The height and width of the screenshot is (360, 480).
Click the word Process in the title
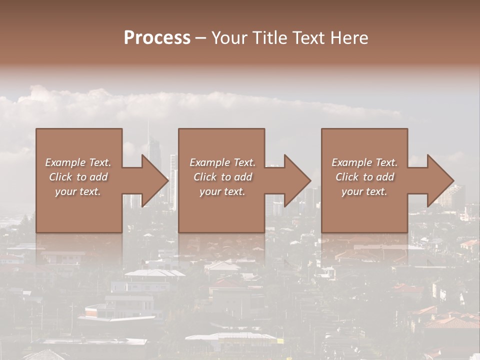pyautogui.click(x=157, y=38)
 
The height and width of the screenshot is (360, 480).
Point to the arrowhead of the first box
pyautogui.click(x=155, y=181)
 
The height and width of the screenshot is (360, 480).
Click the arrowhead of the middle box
pyautogui.click(x=297, y=181)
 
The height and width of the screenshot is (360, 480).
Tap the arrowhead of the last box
pyautogui.click(x=440, y=181)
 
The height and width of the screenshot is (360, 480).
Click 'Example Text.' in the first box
pyautogui.click(x=78, y=162)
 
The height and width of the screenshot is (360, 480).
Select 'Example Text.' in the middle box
pyautogui.click(x=222, y=162)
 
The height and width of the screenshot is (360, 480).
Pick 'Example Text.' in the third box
pyautogui.click(x=364, y=162)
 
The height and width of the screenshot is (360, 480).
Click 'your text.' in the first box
pyautogui.click(x=78, y=191)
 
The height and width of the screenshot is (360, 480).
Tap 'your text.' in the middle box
pyautogui.click(x=222, y=191)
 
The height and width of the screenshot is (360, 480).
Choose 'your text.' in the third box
pyautogui.click(x=364, y=191)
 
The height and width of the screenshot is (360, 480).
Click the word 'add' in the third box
pyautogui.click(x=385, y=177)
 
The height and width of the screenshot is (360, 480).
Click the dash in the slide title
pyautogui.click(x=200, y=38)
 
